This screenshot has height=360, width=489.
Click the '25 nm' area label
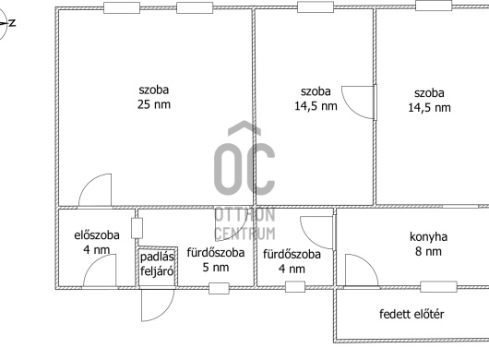coord(154,104)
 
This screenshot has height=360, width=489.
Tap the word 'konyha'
coord(428,237)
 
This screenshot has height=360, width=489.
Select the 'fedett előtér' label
coord(411,314)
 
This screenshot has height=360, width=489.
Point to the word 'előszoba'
coord(97,234)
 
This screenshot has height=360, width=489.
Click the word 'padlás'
coord(157,257)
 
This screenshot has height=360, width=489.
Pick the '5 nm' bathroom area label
coord(216,268)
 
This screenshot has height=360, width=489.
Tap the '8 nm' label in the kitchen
coord(428,251)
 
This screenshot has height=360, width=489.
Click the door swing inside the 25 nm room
coord(95,189)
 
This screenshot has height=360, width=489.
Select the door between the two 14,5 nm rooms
coord(358,102)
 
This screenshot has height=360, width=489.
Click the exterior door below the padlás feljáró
coord(158,306)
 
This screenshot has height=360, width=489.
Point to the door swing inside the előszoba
coord(100,270)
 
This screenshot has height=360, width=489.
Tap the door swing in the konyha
coord(362,270)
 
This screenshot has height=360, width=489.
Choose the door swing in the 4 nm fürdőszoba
coord(316,233)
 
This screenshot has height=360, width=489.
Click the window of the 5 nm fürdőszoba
coord(219,288)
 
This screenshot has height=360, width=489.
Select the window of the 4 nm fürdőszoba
coord(295,287)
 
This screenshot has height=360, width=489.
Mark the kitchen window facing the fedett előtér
coord(439,287)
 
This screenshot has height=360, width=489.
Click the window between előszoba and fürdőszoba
coord(137,229)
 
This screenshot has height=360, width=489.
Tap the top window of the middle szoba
coord(316,7)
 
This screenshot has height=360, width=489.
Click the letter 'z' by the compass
coord(12,22)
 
